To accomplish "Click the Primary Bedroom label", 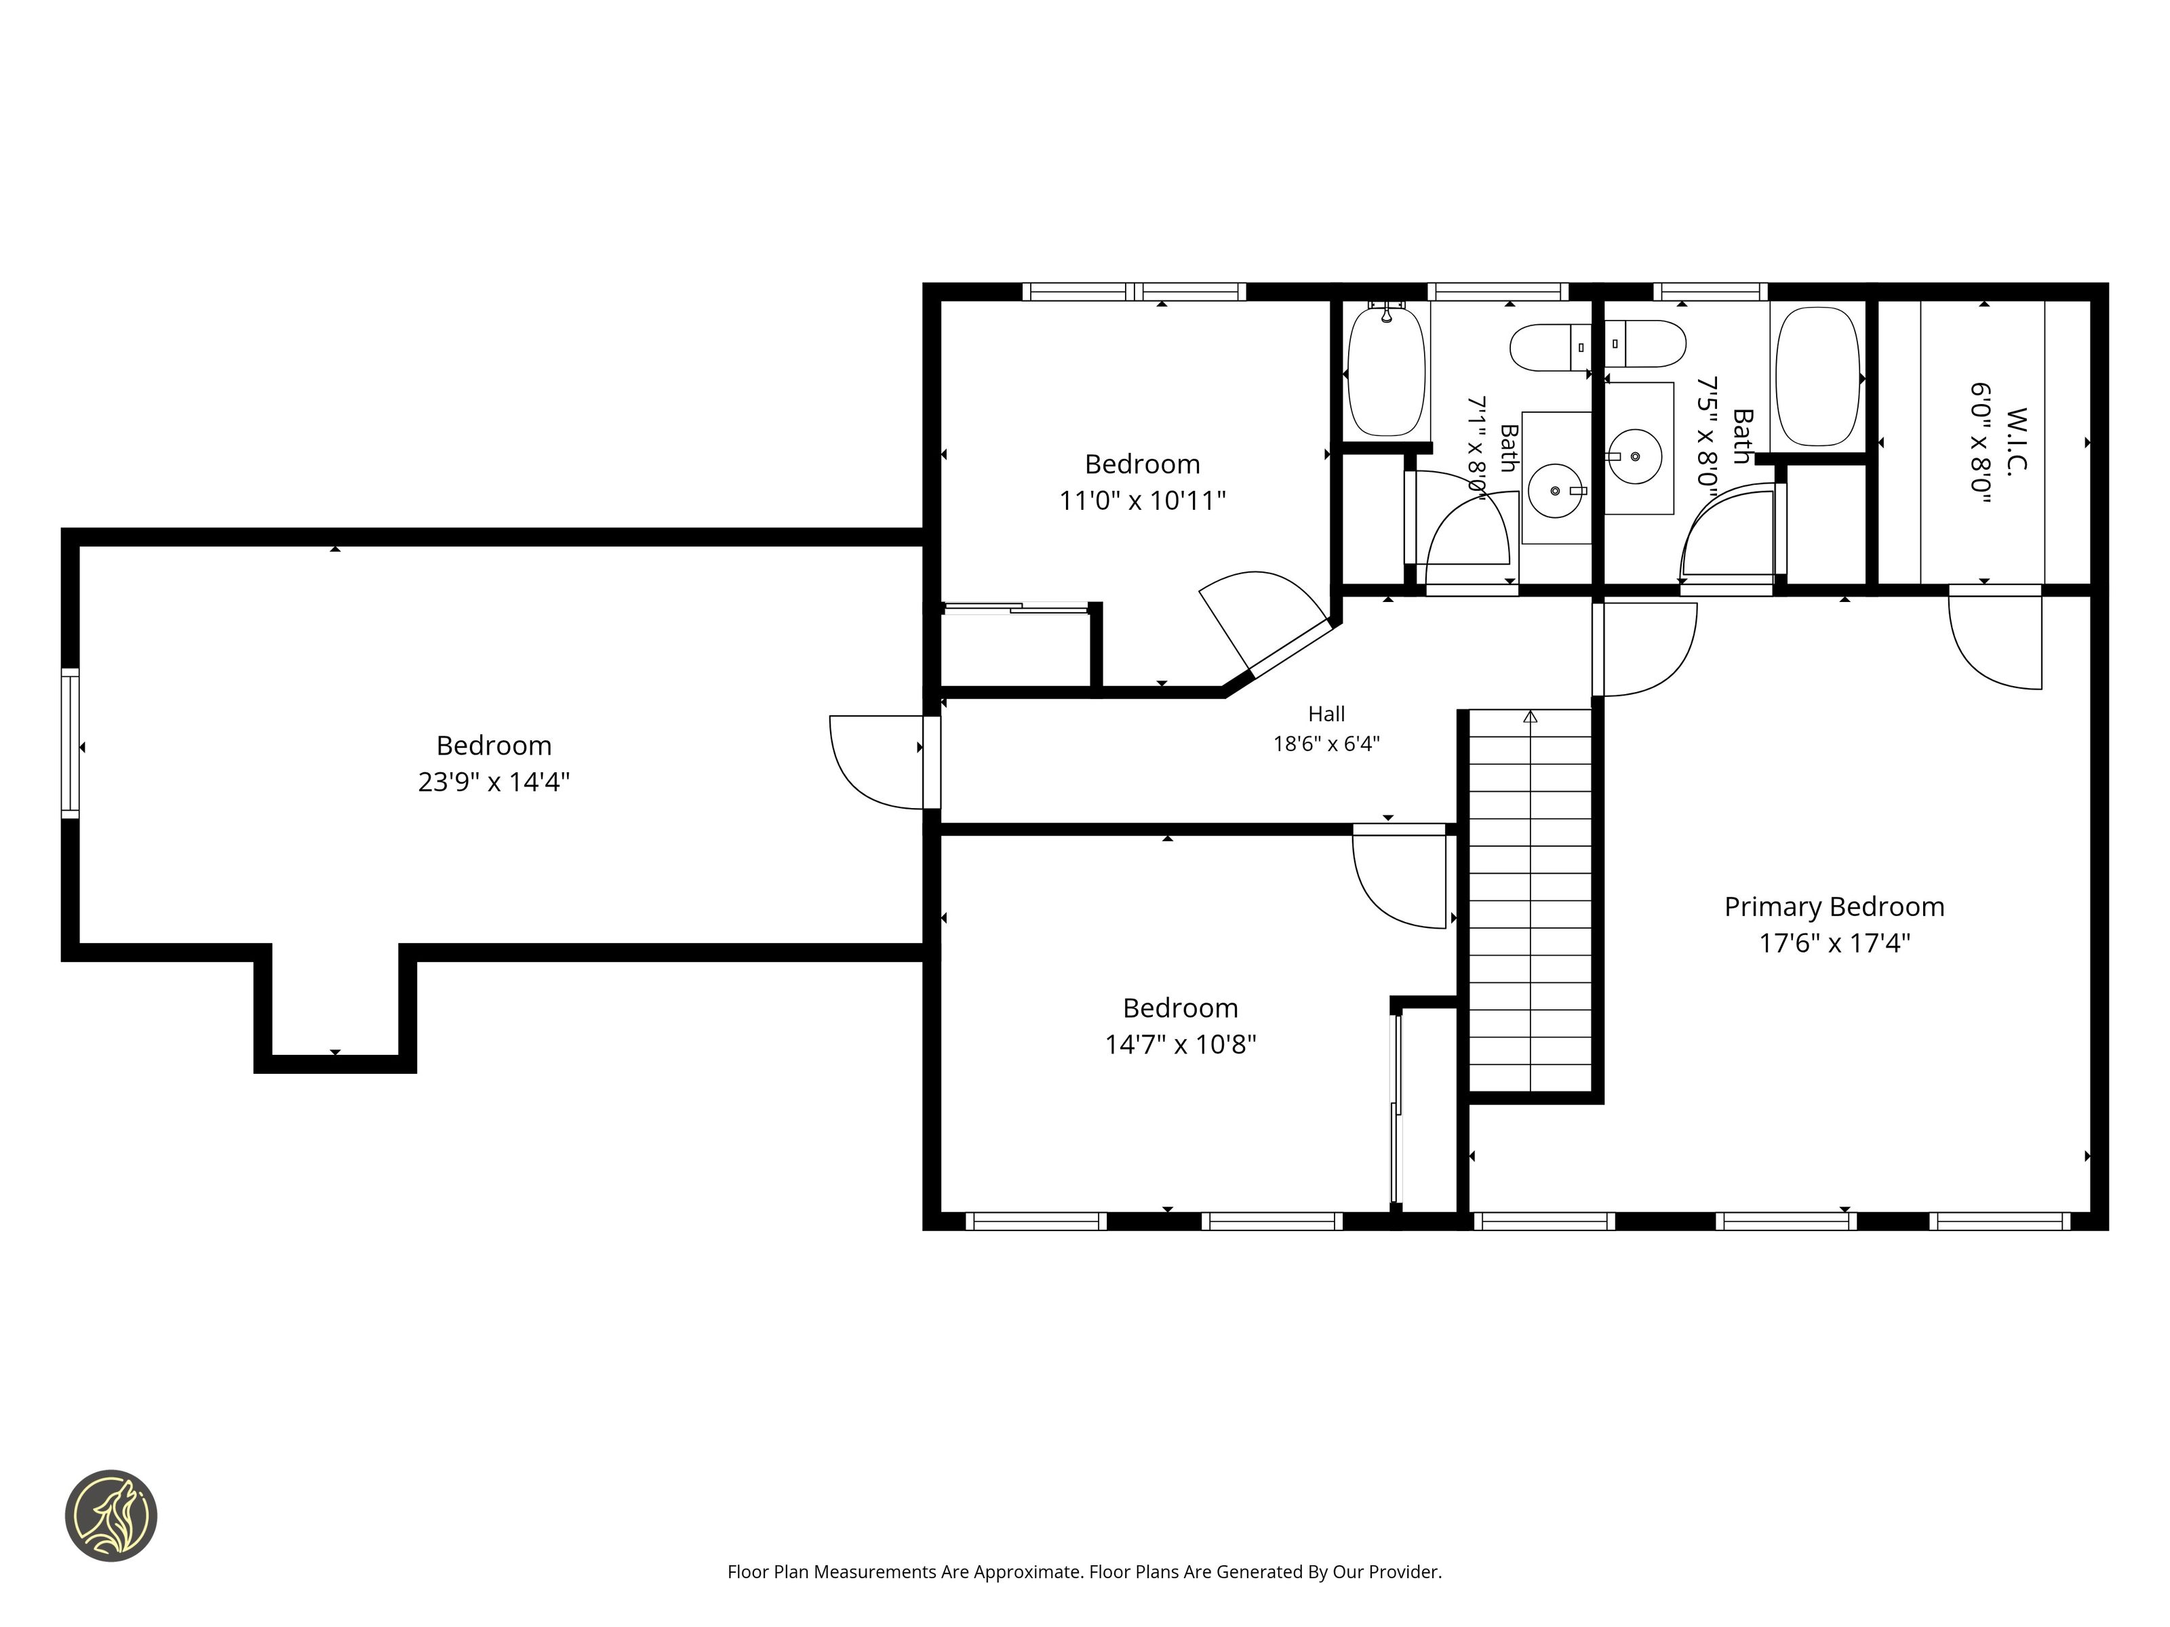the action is coord(1834,907).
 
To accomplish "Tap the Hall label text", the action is coord(1326,714).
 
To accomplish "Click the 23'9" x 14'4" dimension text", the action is coord(494,782).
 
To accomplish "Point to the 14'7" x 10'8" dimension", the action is coord(1180,1045).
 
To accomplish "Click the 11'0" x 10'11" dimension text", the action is coord(1142,500).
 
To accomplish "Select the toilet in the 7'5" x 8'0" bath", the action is coord(1645,344).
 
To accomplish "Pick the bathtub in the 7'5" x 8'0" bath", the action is coord(1818,377).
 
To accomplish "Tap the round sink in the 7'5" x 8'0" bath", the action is coord(1634,456).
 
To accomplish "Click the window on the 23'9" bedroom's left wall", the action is coord(70,744).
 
